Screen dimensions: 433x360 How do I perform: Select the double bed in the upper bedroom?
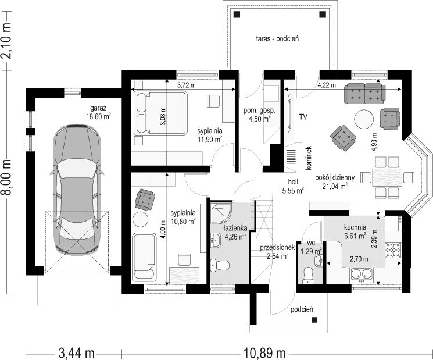tap(161, 113)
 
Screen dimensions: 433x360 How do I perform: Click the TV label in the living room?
tap(303, 117)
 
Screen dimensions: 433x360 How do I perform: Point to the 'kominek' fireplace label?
tap(309, 158)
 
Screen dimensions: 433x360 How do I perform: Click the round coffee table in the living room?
tap(364, 119)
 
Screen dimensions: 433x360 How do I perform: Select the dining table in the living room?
tap(388, 177)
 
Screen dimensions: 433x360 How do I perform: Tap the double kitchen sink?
tap(361, 274)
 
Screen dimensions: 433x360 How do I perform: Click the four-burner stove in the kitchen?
tap(393, 249)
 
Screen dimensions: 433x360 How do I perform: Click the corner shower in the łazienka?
tap(221, 212)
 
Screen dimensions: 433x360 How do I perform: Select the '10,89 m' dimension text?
tap(264, 353)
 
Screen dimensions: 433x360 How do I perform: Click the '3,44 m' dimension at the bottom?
tap(77, 353)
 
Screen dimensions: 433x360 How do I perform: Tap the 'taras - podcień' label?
tap(277, 38)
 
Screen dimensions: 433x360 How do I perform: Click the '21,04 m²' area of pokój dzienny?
tap(335, 186)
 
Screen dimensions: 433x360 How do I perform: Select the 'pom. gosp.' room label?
tap(259, 111)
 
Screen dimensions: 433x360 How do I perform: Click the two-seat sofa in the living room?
tap(364, 93)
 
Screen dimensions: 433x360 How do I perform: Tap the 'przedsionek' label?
tap(277, 248)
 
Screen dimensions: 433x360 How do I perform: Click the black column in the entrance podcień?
tap(314, 320)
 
